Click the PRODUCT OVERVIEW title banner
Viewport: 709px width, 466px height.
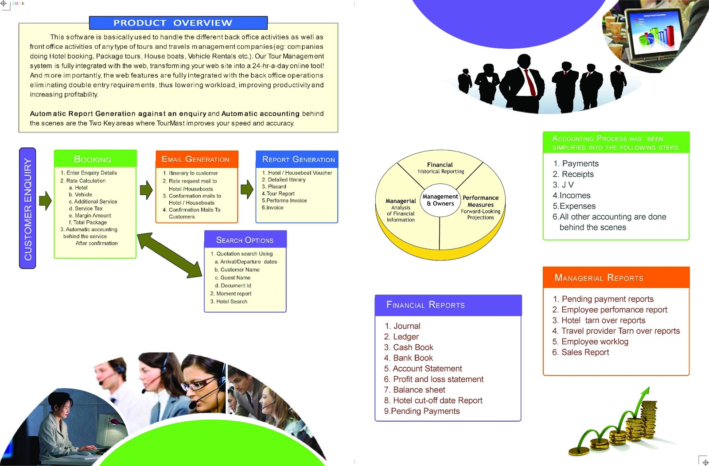pos(178,23)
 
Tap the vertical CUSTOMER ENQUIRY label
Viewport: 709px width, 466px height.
pos(27,208)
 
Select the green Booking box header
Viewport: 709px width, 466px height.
pos(95,159)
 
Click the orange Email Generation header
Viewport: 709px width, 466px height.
pos(196,159)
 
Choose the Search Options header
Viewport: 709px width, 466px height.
pos(245,240)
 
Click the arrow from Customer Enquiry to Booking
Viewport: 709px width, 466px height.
pos(45,201)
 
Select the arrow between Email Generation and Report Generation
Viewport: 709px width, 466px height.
pos(247,189)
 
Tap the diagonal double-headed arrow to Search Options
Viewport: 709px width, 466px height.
pos(170,255)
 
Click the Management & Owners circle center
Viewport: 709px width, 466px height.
pos(440,200)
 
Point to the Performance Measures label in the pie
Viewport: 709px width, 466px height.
pos(480,201)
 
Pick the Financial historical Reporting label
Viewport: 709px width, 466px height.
pos(440,168)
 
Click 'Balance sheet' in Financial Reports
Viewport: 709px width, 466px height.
pos(419,390)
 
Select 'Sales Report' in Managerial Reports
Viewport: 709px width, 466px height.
pos(585,352)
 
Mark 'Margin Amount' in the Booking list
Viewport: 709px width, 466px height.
pos(93,216)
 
